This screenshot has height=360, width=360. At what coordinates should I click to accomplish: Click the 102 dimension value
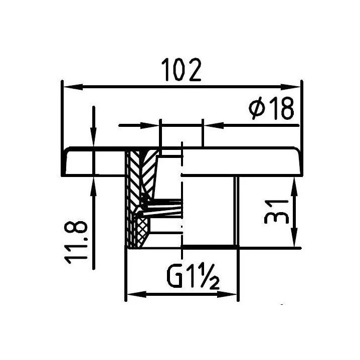[x=181, y=70]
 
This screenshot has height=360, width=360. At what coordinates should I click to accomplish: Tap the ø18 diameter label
[x=271, y=108]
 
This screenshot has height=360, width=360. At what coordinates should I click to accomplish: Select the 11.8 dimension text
[x=76, y=243]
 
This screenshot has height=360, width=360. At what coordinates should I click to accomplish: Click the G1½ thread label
[x=193, y=276]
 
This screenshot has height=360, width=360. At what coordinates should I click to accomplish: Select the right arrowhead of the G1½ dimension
[x=227, y=294]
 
